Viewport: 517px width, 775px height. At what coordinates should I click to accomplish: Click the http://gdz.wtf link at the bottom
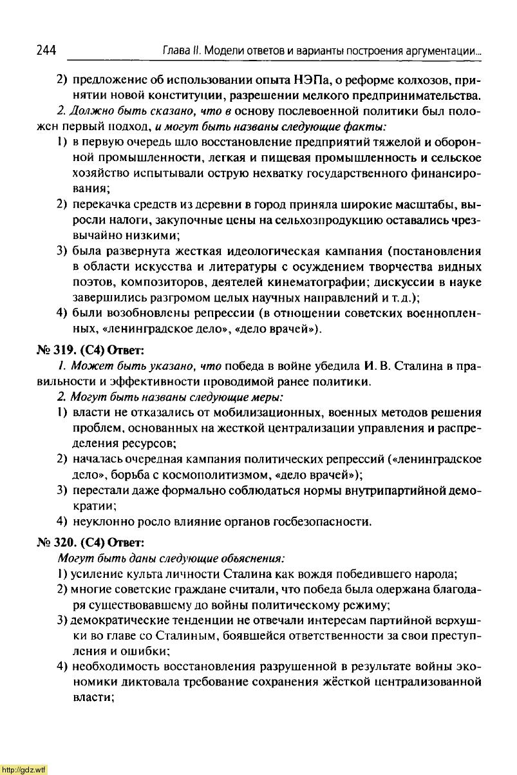click(x=24, y=769)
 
